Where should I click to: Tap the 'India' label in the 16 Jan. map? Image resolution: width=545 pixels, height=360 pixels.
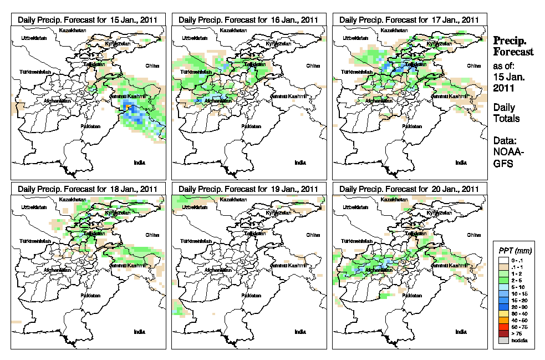pos(300,163)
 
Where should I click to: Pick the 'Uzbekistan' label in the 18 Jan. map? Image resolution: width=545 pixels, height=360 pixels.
pos(32,207)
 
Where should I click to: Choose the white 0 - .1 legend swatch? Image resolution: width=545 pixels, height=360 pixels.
pos(502,260)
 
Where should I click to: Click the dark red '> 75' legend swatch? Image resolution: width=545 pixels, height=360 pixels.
pos(502,333)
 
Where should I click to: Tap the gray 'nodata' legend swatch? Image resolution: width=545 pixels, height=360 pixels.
pos(502,340)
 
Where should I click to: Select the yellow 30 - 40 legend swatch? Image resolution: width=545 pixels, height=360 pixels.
pos(502,313)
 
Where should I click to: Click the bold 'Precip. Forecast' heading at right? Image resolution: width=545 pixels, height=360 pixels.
pos(513,46)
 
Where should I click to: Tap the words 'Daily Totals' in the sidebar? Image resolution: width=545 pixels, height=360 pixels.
pos(506,113)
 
